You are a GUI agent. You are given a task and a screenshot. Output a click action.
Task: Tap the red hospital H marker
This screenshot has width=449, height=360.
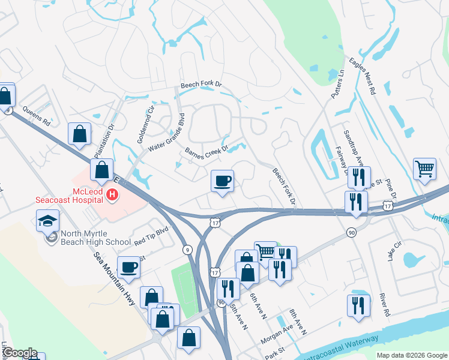click(112, 194)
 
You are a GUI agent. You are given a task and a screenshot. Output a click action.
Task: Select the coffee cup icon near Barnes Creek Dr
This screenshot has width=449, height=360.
click(223, 180)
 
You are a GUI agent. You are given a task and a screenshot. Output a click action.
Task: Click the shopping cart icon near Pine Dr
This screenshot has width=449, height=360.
click(424, 169)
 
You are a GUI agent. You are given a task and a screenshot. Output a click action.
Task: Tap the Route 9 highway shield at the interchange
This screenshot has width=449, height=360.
click(188, 250)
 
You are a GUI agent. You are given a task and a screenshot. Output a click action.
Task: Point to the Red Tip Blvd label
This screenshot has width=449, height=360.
click(152, 235)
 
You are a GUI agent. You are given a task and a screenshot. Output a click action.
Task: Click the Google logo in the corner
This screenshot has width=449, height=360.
click(19, 353)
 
